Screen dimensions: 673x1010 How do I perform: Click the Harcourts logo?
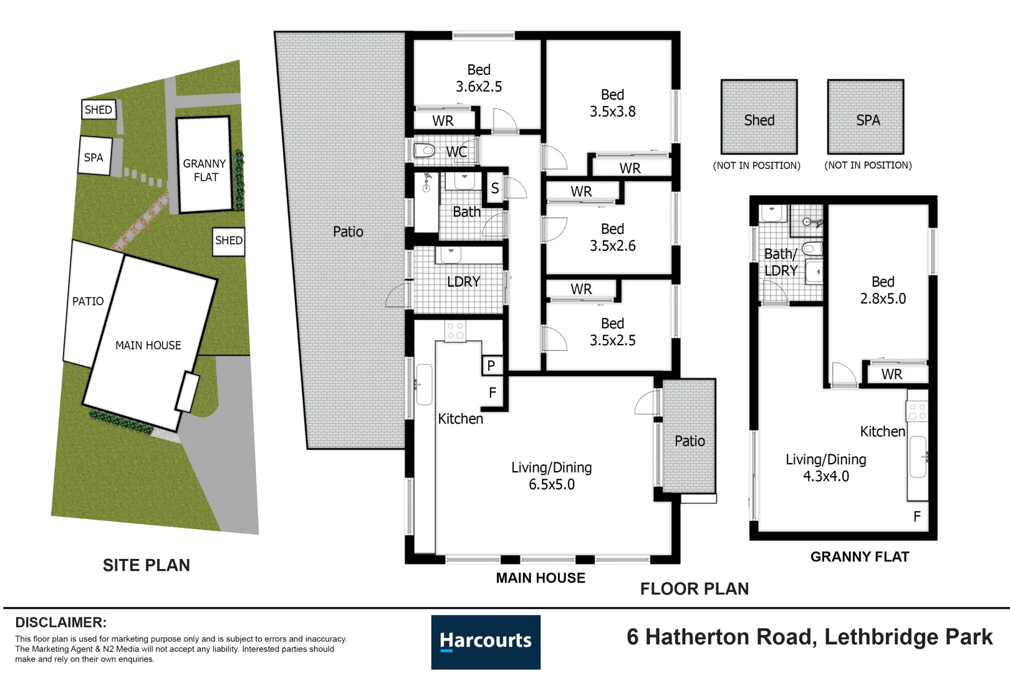(485, 641)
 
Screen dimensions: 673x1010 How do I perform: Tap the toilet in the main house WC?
(425, 150)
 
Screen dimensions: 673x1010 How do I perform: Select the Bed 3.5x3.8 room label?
(612, 103)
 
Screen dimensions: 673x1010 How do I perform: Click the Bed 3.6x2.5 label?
(478, 79)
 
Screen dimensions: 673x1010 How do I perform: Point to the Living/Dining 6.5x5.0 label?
(551, 475)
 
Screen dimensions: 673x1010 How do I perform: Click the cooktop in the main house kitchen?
(455, 331)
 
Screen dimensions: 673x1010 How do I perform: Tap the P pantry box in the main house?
(491, 366)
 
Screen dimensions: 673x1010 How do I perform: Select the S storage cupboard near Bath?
(495, 188)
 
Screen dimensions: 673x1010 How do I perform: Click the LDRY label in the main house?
(463, 282)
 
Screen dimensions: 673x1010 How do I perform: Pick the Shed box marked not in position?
(759, 117)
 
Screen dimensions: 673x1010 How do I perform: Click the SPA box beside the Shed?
(865, 117)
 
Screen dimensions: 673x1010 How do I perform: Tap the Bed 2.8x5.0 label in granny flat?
(882, 290)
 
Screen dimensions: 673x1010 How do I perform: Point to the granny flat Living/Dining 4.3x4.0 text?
(825, 467)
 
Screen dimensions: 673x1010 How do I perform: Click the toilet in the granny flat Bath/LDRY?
(812, 249)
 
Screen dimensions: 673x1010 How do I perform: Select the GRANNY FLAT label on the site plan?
(204, 170)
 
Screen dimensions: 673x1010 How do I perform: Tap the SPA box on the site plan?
(94, 157)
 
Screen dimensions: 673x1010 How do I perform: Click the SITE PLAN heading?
(146, 565)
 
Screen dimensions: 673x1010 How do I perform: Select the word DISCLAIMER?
(60, 623)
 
